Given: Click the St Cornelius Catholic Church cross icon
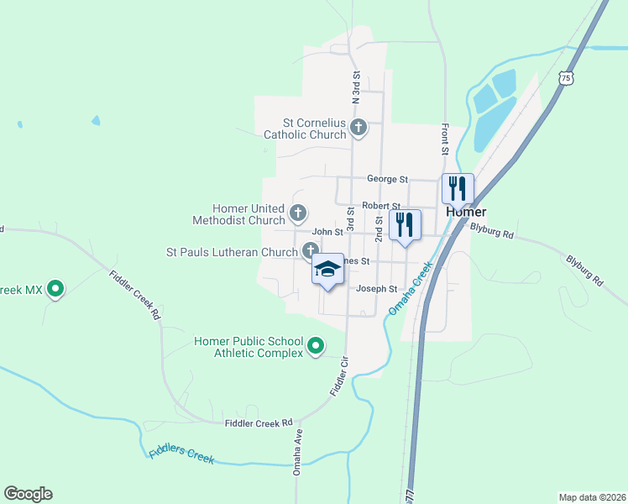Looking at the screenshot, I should pos(358,129).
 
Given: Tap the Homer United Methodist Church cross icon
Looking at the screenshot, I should pos(298,211).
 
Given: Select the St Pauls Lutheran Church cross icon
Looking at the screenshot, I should pos(310,250).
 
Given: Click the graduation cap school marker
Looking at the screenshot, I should pos(329,270).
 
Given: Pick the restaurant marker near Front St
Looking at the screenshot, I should pos(458,188).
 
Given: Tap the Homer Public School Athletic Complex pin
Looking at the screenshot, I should pos(316,346).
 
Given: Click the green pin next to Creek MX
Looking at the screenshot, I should pos(56,290).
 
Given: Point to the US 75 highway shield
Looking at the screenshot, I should pos(567,78).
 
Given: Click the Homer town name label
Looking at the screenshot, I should pos(466,212).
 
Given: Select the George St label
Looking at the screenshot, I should pos(387,179).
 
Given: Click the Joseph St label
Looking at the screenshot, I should pos(376,289).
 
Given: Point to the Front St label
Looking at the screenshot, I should pos(445,140).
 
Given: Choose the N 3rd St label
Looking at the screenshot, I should pos(356,88).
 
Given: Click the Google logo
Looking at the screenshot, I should pos(28,494).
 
